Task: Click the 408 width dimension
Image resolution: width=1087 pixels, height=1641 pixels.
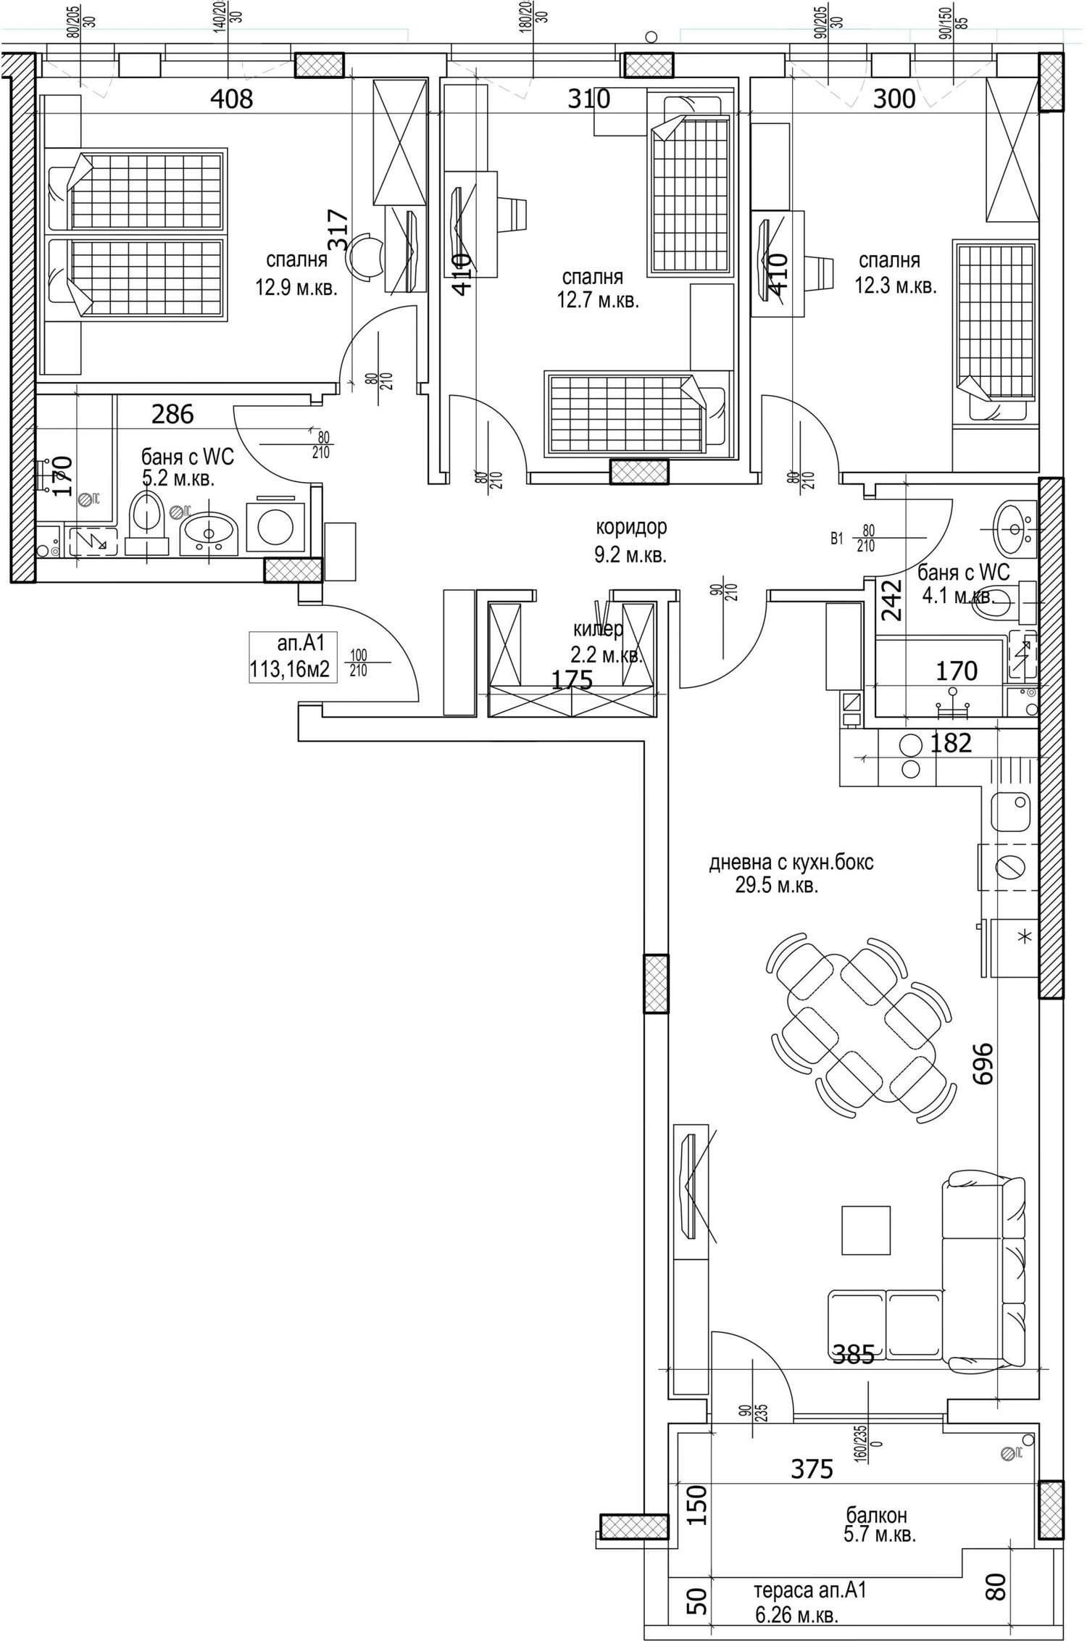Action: pos(231,99)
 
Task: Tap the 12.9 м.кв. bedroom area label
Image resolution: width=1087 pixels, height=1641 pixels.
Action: pos(296,288)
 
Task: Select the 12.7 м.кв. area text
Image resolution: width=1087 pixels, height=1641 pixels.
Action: pos(598,300)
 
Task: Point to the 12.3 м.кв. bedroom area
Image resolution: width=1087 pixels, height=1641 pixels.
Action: pos(896,285)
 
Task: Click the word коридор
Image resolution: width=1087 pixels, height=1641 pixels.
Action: pos(630,527)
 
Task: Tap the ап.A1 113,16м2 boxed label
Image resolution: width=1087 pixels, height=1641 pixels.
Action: pos(293,657)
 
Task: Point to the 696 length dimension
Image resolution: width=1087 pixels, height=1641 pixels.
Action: pos(982,1063)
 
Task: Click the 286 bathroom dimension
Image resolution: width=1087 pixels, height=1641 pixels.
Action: pos(172,415)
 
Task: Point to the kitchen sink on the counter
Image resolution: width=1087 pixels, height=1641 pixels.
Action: pos(1012,813)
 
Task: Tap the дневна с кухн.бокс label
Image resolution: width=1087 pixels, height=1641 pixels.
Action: pos(791,863)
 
